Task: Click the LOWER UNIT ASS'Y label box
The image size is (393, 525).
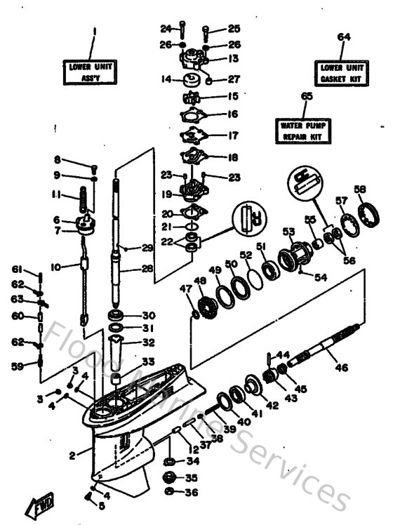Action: [92, 72]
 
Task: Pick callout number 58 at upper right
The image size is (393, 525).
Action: [360, 190]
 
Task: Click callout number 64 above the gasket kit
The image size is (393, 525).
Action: [343, 36]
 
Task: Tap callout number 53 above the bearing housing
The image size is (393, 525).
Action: [287, 232]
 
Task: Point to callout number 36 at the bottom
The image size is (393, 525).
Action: [192, 492]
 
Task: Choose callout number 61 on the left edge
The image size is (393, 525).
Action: [16, 269]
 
